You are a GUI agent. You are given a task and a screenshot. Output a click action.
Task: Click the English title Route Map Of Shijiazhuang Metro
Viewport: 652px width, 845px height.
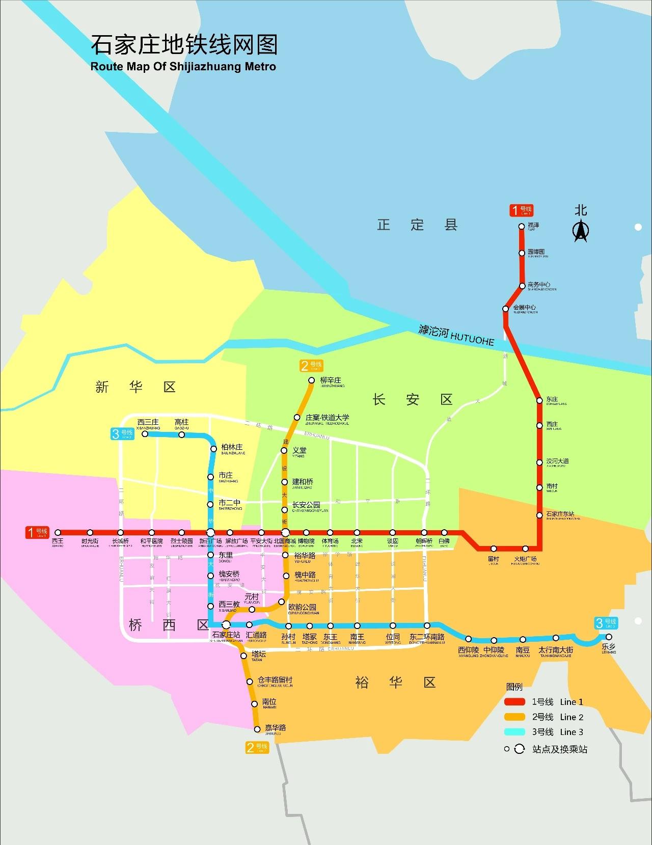pos(183,67)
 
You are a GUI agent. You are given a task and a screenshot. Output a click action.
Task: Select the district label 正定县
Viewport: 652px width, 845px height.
pos(417,225)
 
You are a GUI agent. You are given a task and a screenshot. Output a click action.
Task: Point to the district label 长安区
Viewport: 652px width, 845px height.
pos(412,399)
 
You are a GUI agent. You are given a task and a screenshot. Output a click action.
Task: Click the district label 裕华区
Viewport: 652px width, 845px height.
pos(395,683)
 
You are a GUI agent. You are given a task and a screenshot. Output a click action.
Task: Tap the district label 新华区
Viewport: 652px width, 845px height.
pos(135,387)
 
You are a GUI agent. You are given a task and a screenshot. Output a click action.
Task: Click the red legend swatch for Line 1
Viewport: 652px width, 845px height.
pos(514,702)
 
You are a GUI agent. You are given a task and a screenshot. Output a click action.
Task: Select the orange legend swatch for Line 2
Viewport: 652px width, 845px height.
pos(514,717)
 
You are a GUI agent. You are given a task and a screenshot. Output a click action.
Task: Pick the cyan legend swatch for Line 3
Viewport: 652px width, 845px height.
pos(514,732)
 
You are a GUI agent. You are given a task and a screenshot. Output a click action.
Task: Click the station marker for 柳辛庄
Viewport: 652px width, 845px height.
pos(312,380)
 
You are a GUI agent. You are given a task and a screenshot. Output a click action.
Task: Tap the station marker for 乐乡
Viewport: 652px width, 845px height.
pos(608,637)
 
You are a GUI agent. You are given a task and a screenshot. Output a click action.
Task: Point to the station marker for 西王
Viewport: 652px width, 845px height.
pos(58,533)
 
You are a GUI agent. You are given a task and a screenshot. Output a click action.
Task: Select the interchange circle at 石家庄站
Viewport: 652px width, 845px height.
pos(226,625)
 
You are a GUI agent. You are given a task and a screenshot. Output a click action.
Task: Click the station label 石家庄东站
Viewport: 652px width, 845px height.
pos(560,514)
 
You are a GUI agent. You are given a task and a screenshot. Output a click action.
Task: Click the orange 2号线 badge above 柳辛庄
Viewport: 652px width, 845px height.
pos(311,366)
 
